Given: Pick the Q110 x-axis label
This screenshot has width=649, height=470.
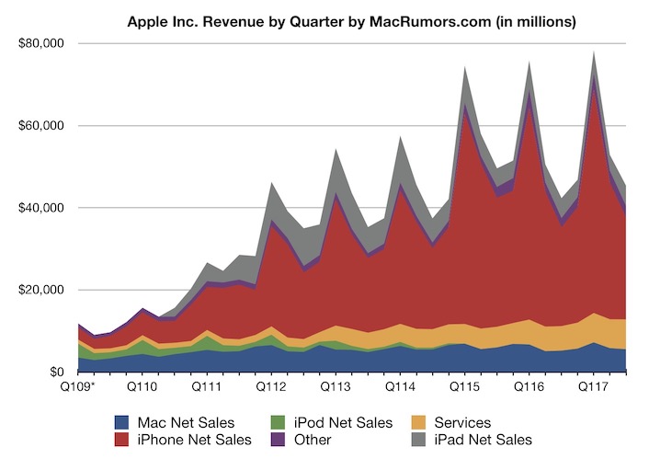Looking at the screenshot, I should (x=144, y=388).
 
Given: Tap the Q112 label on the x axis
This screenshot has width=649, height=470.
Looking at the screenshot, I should (x=273, y=388).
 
